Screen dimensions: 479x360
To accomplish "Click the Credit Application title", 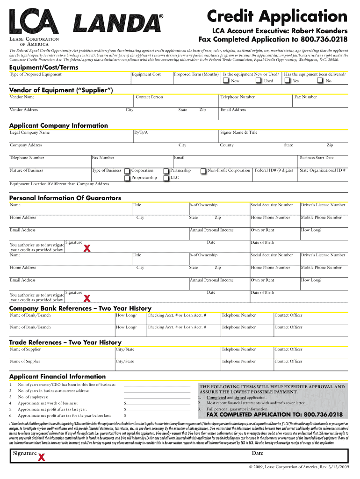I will [278, 16].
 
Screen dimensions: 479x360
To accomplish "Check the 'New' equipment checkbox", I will [226, 81].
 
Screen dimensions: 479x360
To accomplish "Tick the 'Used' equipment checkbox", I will [259, 81].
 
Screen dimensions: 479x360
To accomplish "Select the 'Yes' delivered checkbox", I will [287, 81].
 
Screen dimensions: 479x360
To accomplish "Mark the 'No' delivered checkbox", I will [320, 81].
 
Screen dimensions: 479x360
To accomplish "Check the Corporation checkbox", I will [127, 171].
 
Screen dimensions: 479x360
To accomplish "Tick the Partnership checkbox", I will [166, 171].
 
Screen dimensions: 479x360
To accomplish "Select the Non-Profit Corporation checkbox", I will [203, 171].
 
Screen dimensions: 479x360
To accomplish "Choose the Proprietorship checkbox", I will [127, 178].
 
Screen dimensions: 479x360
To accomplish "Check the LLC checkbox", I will [166, 178].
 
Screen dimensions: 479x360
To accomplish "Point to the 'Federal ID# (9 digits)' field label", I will [274, 170].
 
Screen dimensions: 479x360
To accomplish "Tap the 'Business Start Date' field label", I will [317, 158].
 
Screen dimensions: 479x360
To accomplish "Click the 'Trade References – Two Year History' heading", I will [65, 342].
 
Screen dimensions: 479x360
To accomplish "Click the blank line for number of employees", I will [157, 397].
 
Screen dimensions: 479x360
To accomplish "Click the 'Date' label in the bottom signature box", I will [258, 453].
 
